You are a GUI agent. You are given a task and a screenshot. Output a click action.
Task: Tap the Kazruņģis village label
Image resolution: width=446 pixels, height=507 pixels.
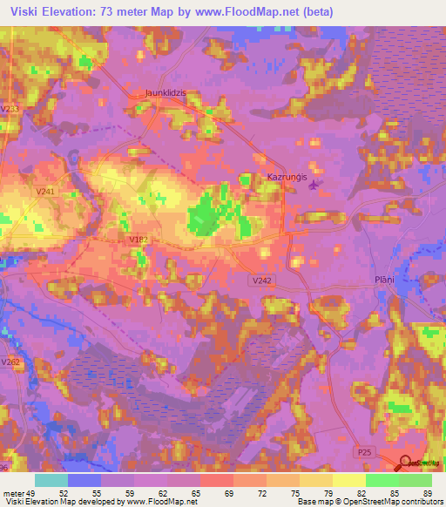(x=287, y=177)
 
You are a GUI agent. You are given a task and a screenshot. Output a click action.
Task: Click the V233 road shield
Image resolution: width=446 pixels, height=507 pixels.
(x=10, y=108)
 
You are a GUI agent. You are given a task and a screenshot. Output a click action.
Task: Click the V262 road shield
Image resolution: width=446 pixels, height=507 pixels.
(x=10, y=362)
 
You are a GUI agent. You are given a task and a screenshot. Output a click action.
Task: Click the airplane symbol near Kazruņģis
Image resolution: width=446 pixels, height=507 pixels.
(x=314, y=183)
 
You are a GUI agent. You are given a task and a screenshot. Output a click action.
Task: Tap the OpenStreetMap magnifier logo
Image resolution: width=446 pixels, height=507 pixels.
(x=406, y=464)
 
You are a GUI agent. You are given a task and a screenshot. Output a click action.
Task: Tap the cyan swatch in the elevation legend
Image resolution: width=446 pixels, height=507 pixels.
(x=51, y=479)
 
